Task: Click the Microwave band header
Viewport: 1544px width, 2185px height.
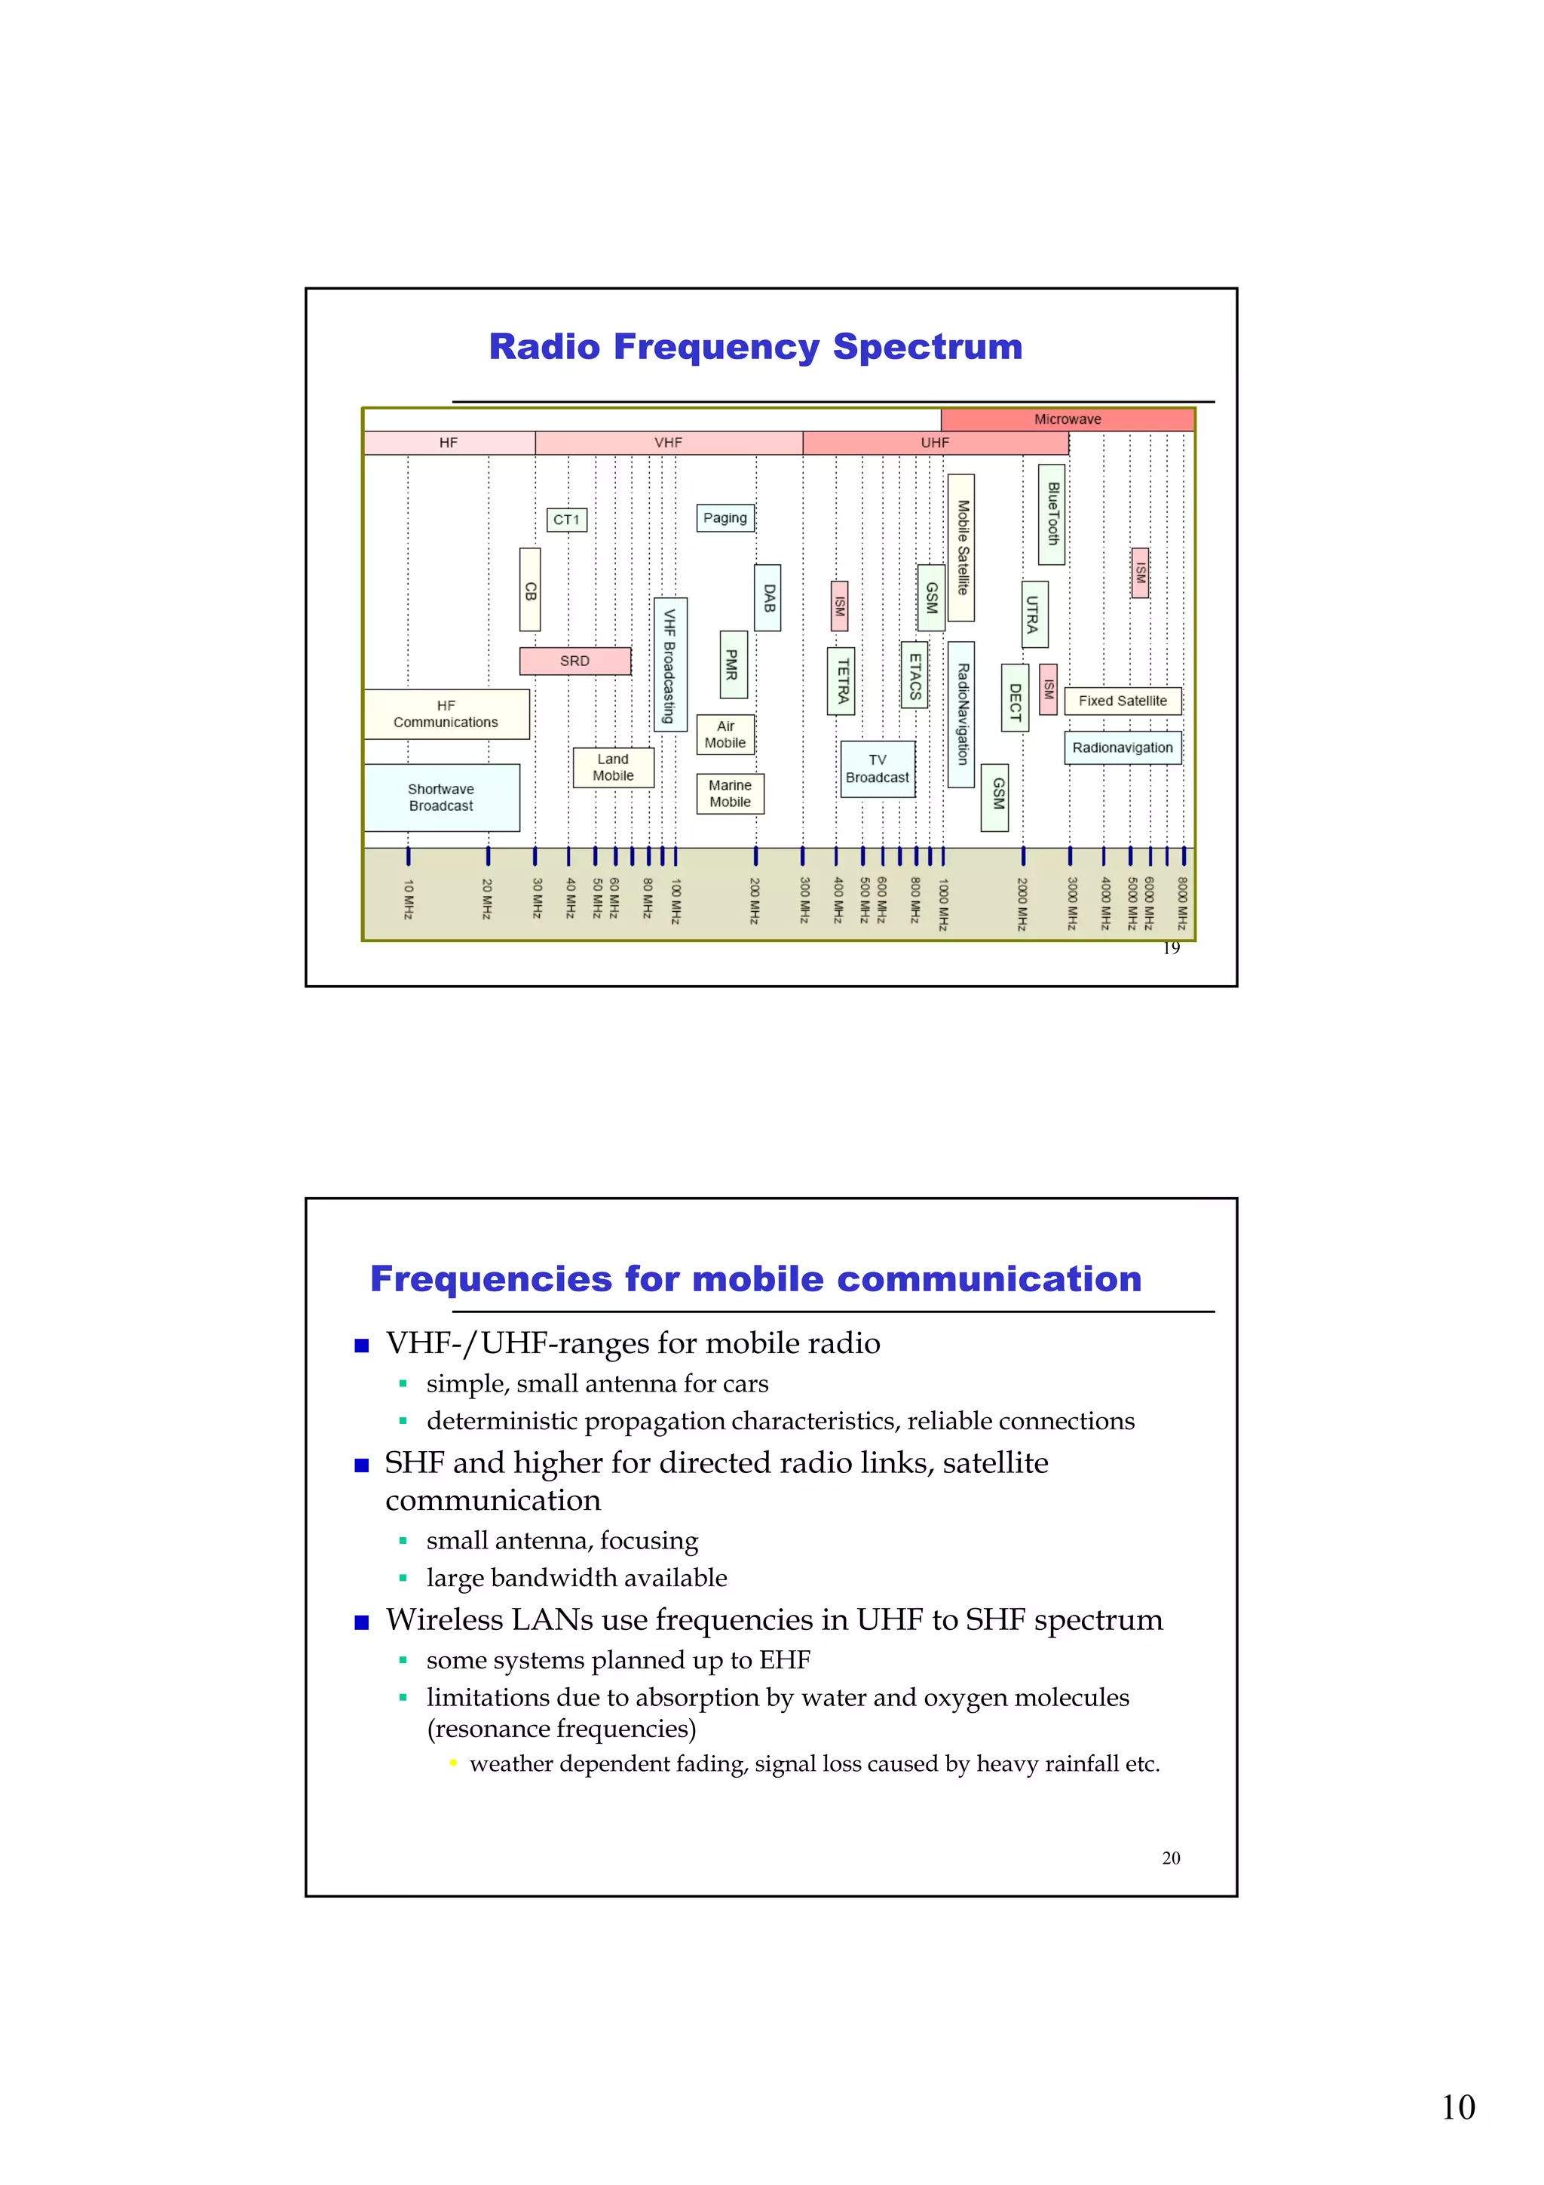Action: (x=1068, y=419)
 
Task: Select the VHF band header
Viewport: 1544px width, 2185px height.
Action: (x=668, y=443)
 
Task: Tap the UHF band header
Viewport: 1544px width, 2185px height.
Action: (x=934, y=443)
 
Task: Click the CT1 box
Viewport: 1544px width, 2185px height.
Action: (x=567, y=520)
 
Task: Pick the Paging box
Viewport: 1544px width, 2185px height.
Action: (x=725, y=517)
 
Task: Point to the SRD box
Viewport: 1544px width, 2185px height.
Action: (x=574, y=661)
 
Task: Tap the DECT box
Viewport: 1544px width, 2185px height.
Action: (x=1015, y=698)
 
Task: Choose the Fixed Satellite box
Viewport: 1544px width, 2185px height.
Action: (x=1123, y=701)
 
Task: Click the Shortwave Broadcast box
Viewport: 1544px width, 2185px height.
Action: (x=442, y=797)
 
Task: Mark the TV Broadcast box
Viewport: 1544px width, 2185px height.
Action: (x=877, y=769)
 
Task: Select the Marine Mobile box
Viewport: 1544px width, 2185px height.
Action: (x=730, y=793)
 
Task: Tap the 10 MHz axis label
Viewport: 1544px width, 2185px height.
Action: (x=408, y=898)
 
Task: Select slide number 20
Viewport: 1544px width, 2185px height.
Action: (x=1171, y=1858)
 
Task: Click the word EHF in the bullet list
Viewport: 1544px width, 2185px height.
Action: (x=785, y=1660)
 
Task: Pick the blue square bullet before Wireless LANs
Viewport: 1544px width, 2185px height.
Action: (x=362, y=1622)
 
